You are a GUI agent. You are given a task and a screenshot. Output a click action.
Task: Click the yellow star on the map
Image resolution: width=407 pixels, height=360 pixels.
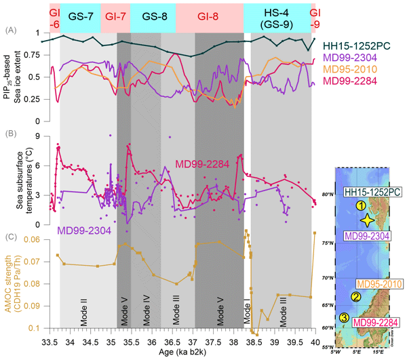(x=367, y=220)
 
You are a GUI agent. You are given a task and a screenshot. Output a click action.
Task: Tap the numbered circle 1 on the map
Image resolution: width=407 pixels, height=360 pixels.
(x=361, y=205)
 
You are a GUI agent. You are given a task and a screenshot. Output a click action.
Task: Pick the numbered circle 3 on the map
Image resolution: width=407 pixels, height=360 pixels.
(x=344, y=318)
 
